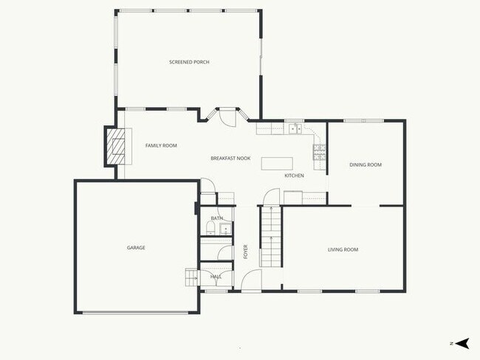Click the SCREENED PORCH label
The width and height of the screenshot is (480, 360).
(x=189, y=62)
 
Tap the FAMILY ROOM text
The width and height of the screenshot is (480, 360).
(x=160, y=145)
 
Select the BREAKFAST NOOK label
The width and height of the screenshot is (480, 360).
(x=230, y=159)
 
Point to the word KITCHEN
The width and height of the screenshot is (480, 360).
(x=295, y=176)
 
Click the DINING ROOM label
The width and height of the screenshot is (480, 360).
(x=366, y=165)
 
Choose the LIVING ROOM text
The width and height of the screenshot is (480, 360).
(x=343, y=249)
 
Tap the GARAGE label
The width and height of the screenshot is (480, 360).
(x=136, y=247)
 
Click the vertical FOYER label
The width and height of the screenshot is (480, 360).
(x=246, y=251)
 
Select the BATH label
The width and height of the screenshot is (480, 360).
(x=216, y=218)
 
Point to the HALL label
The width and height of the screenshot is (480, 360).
(x=216, y=276)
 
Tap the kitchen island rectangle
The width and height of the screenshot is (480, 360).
(x=276, y=162)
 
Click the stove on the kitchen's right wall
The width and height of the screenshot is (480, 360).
(x=320, y=153)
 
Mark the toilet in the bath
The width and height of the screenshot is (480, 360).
(x=210, y=230)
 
